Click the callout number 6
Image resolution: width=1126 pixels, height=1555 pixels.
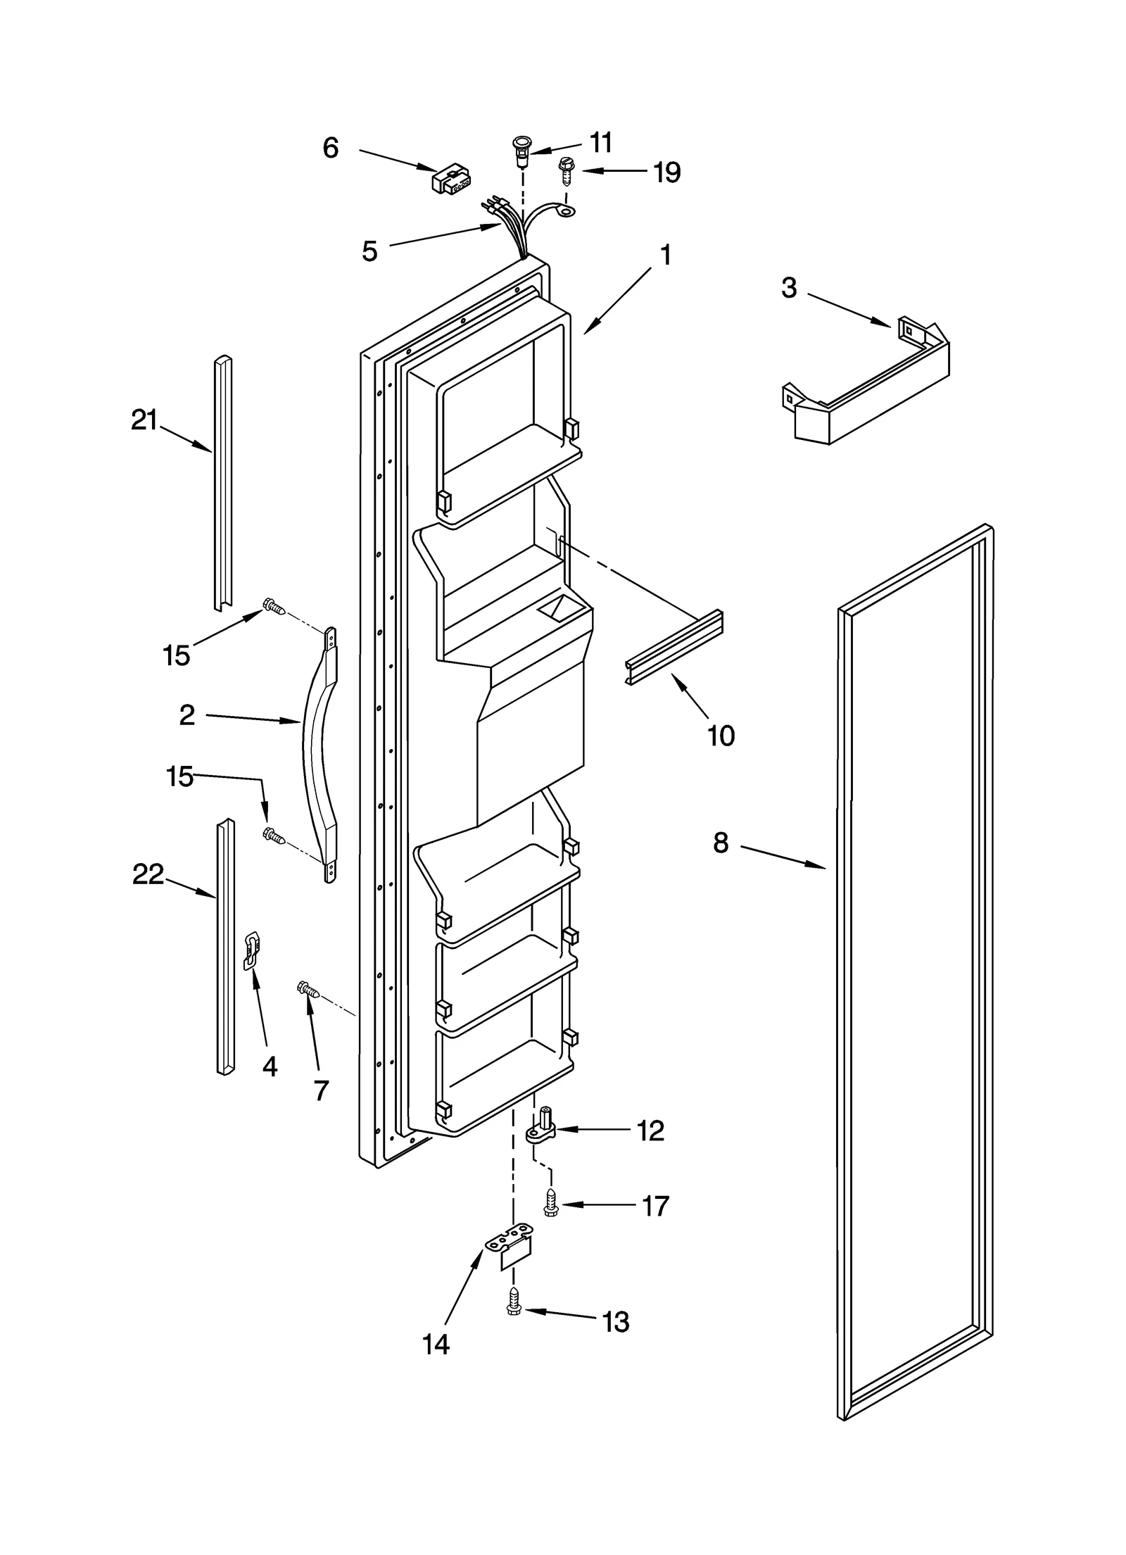tap(331, 148)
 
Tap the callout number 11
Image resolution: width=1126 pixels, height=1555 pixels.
tap(600, 143)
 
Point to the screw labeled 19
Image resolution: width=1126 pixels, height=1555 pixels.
tap(564, 170)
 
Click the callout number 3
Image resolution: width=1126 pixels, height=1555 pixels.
tap(789, 287)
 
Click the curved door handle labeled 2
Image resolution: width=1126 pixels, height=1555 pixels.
tap(318, 753)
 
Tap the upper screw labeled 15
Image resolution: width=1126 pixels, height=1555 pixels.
tap(273, 606)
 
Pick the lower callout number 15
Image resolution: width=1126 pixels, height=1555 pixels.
tap(179, 777)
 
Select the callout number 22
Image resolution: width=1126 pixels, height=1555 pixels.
tap(148, 874)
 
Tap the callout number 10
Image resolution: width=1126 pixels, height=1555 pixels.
tap(721, 736)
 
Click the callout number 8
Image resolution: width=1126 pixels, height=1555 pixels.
tap(721, 842)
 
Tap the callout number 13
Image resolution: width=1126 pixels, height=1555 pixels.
tap(616, 1322)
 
